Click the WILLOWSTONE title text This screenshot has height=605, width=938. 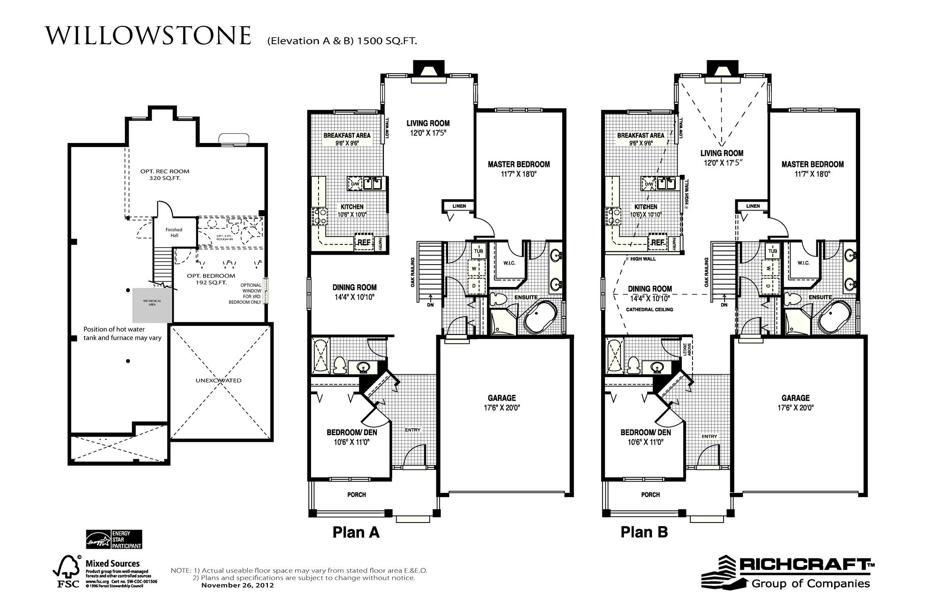click(148, 36)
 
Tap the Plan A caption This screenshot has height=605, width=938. click(356, 532)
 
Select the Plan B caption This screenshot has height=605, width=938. click(644, 532)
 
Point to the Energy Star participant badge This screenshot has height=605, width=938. click(113, 540)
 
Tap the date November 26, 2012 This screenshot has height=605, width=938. click(237, 585)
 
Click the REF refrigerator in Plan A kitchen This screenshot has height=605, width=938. click(364, 242)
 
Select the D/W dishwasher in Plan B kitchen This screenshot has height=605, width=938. click(649, 184)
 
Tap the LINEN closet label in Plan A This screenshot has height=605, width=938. click(459, 206)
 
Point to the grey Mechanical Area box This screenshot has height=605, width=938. click(152, 305)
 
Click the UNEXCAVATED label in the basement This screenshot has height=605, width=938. click(218, 380)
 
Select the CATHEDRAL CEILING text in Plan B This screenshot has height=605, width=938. click(649, 310)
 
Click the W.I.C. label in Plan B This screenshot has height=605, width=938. click(803, 263)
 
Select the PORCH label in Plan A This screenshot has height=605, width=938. click(357, 495)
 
